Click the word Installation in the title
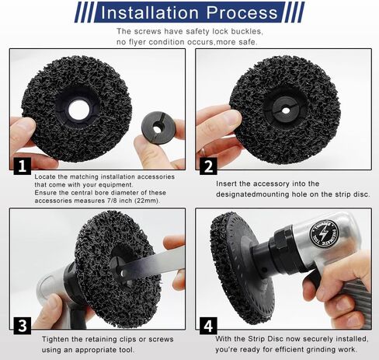[150, 12]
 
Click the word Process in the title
[242, 12]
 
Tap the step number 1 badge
[23, 166]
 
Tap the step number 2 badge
[208, 166]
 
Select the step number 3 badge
[23, 326]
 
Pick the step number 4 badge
[208, 326]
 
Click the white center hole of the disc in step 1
[79, 110]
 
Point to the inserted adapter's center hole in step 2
[286, 110]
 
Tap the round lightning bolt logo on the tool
[324, 234]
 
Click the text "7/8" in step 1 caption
[112, 201]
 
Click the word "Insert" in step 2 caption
[226, 183]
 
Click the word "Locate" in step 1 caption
[45, 177]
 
